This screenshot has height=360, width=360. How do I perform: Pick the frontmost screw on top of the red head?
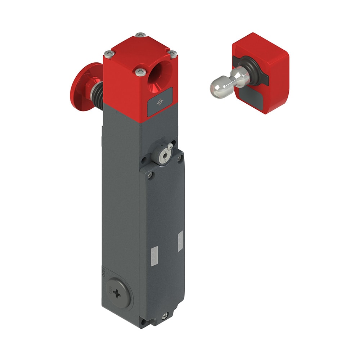(140, 72)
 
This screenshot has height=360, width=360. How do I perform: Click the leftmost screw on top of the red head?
(108, 54)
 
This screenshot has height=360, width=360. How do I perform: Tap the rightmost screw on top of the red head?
(173, 54)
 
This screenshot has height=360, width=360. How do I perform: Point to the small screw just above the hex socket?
(170, 147)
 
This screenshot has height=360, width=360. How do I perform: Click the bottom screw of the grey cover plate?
(165, 315)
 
